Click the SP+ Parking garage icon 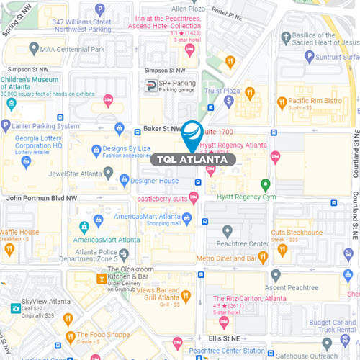pyautogui.click(x=150, y=86)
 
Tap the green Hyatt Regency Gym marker pyautogui.click(x=265, y=184)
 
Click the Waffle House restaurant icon pyautogui.click(x=9, y=249)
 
